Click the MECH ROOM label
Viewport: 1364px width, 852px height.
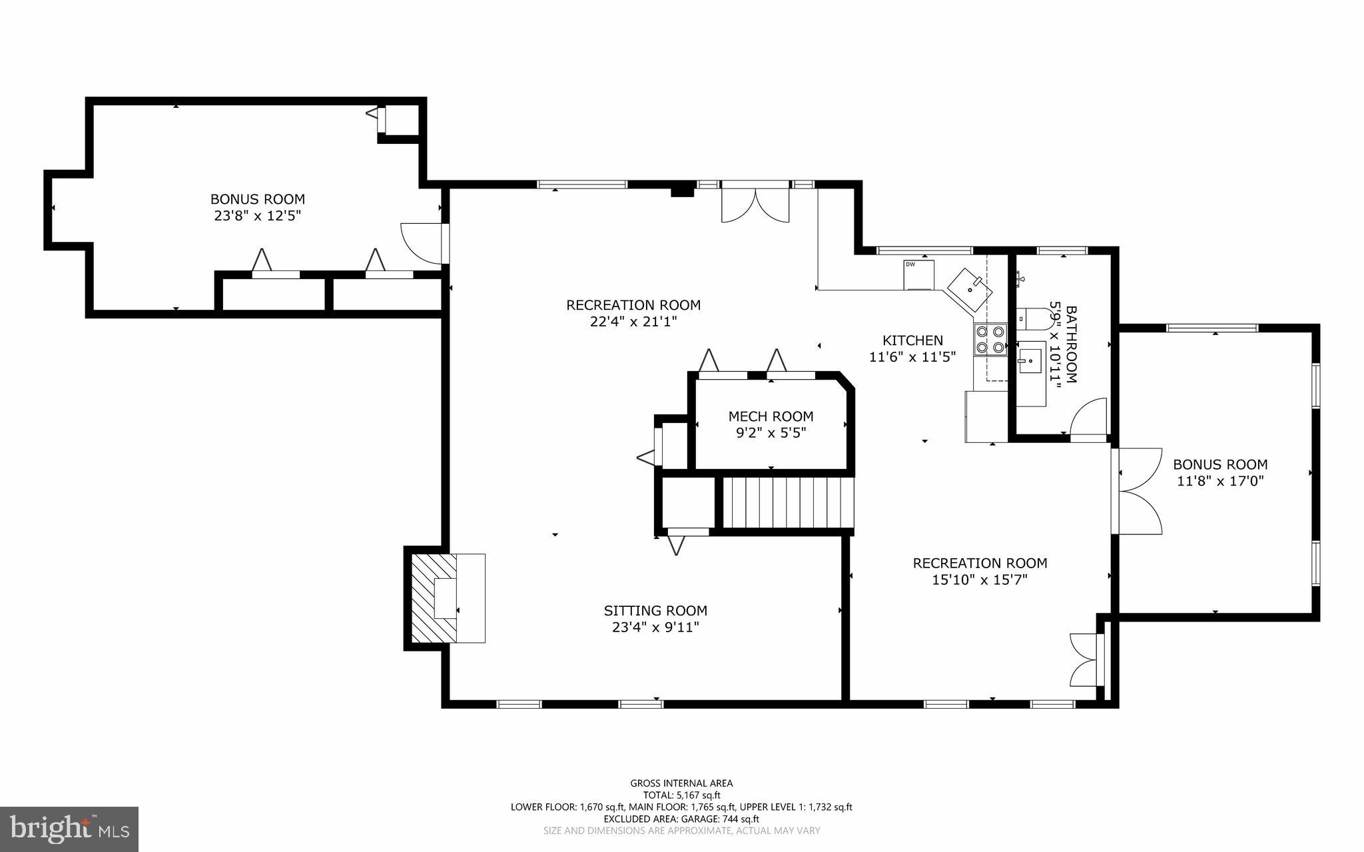coord(771,416)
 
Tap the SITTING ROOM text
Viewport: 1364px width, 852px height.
coord(655,610)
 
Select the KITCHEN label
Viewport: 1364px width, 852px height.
coord(912,340)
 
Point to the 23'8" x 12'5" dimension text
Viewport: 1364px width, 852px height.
coord(257,216)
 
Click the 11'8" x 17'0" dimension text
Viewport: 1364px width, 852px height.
coord(1220,481)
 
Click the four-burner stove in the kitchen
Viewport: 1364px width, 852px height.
coord(990,338)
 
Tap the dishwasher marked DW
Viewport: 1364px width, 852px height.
coord(918,274)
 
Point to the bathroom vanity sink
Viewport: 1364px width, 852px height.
coord(1031,360)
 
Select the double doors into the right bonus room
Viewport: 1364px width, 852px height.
coord(1138,491)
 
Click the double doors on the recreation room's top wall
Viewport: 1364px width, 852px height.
coord(755,204)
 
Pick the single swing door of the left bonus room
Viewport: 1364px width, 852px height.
coord(423,242)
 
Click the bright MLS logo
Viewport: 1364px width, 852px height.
coord(69,829)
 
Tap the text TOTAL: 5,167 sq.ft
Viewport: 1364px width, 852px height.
coord(681,795)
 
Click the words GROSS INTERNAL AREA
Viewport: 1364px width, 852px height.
coord(681,783)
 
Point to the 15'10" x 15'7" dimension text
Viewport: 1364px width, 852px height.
coord(979,580)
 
